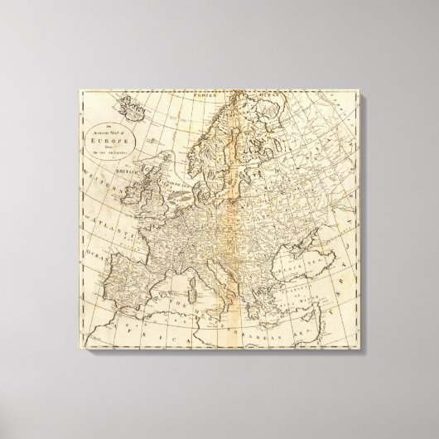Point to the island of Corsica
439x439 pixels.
(x=194, y=276)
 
